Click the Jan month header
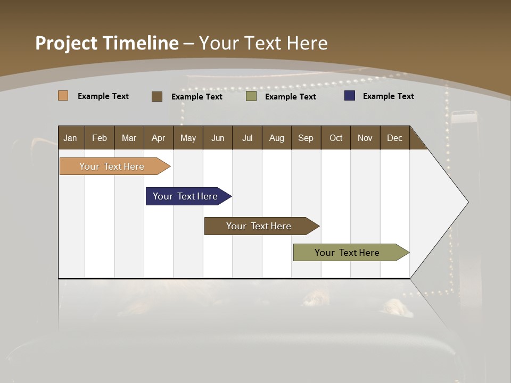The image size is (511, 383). tap(70, 138)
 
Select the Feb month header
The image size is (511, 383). tap(100, 138)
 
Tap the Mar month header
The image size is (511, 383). tap(129, 138)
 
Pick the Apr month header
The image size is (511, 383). tap(158, 138)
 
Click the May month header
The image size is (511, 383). tap(188, 138)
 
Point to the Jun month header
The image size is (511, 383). tap(218, 138)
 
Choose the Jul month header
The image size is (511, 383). tap(247, 138)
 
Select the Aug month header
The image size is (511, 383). tap(276, 138)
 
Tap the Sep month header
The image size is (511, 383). tap(306, 138)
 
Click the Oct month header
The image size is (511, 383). tap(336, 138)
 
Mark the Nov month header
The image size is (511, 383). tap(365, 138)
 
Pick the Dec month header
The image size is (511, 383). tap(394, 138)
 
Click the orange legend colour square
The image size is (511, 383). tap(63, 96)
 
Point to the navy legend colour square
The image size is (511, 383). tap(350, 96)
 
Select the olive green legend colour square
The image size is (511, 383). tap(251, 96)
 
